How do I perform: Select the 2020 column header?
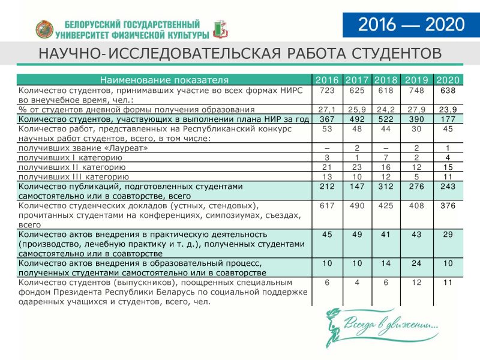(x=448, y=80)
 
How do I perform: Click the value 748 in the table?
(x=416, y=91)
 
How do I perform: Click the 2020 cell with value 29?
(x=448, y=234)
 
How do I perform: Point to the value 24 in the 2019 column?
(x=416, y=263)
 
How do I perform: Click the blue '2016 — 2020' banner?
(x=412, y=25)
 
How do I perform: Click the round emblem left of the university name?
(x=45, y=28)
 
